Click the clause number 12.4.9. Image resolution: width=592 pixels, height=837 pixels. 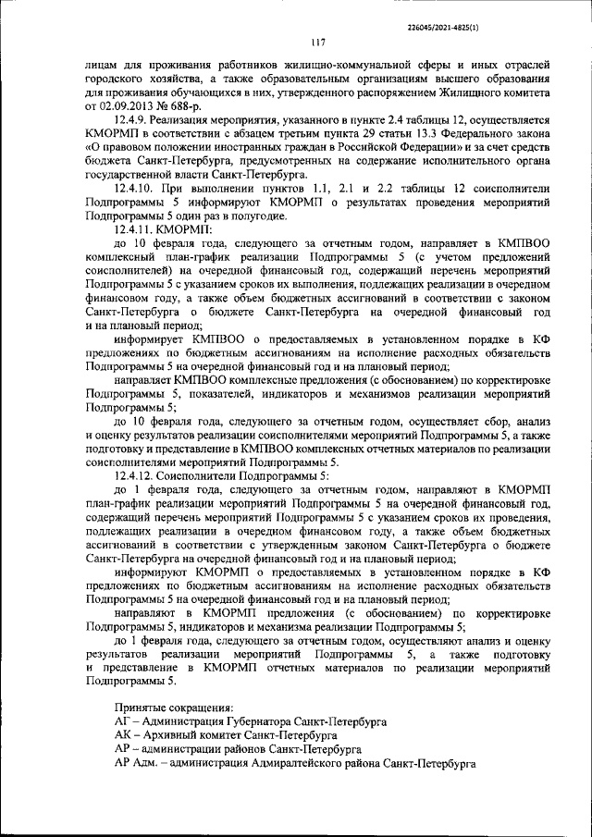(x=131, y=120)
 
